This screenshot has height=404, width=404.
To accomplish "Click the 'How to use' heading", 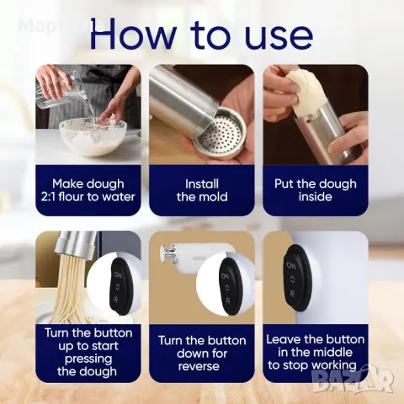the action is tap(201, 35).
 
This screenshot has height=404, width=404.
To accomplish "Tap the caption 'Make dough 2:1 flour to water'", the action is tap(88, 190).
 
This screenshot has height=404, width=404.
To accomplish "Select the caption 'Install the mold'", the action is tap(202, 190).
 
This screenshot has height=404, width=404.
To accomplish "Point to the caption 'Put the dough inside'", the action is tap(316, 190).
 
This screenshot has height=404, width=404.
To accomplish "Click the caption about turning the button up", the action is tap(88, 352).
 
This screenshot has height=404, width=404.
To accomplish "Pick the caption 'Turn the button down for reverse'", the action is tap(202, 353).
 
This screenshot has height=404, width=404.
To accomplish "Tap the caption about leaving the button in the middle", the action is tap(316, 353).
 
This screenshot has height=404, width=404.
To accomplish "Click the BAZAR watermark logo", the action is tap(353, 380).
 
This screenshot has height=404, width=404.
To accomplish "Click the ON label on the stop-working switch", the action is tap(291, 265).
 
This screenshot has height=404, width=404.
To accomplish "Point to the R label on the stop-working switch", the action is tap(293, 294).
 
